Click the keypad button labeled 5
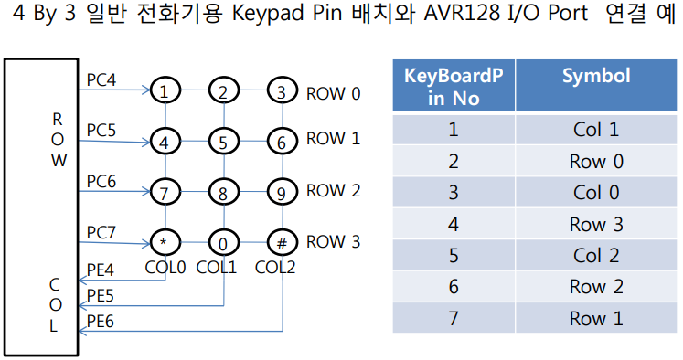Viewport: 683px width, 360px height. click(x=223, y=142)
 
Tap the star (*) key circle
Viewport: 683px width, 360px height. click(x=164, y=244)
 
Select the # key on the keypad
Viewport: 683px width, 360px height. click(x=282, y=244)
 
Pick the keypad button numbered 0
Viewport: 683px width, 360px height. click(x=223, y=244)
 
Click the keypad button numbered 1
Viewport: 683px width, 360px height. click(x=164, y=91)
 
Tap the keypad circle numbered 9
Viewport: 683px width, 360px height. click(x=282, y=193)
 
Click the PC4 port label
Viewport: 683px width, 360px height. click(x=101, y=80)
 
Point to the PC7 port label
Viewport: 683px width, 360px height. click(x=101, y=233)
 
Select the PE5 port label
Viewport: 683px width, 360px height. click(x=101, y=296)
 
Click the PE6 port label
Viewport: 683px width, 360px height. click(x=101, y=322)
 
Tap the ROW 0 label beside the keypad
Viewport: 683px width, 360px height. click(x=333, y=93)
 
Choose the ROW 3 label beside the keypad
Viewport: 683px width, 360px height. click(x=333, y=242)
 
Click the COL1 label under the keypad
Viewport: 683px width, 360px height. click(x=217, y=267)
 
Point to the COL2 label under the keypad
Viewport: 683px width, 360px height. click(x=275, y=267)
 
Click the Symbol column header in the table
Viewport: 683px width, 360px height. click(x=596, y=76)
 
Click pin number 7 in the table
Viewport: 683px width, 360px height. click(x=453, y=319)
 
